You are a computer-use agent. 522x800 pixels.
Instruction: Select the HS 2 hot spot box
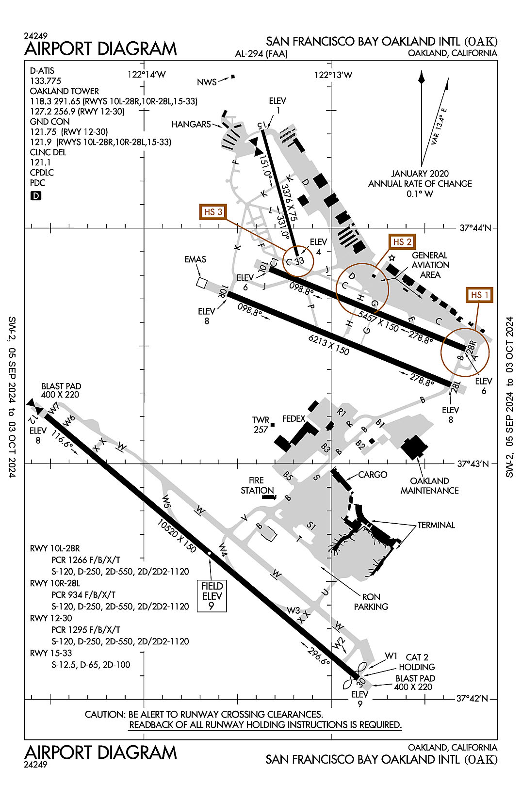click(x=402, y=241)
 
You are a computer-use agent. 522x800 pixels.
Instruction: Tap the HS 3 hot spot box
click(x=213, y=212)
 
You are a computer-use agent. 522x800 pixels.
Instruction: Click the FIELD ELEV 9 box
click(x=212, y=596)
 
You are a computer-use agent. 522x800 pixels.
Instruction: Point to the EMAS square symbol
click(x=202, y=282)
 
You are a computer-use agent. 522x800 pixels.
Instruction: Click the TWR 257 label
click(x=261, y=425)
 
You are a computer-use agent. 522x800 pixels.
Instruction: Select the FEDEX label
click(x=294, y=418)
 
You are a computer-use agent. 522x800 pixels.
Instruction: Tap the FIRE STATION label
click(x=257, y=485)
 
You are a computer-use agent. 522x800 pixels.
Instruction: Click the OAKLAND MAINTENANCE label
click(x=429, y=485)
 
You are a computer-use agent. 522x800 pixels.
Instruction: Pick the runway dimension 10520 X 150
click(x=177, y=536)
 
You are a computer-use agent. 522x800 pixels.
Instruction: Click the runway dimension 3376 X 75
click(x=289, y=203)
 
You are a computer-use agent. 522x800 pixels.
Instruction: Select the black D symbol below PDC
click(x=36, y=196)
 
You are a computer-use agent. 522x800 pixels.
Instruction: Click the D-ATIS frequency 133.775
click(x=46, y=81)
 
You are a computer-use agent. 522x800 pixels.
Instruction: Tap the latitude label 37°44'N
click(x=475, y=227)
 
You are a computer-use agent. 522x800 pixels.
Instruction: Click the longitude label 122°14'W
click(x=147, y=74)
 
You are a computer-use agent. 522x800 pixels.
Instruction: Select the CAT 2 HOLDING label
click(x=417, y=662)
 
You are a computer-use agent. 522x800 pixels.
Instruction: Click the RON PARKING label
click(x=371, y=602)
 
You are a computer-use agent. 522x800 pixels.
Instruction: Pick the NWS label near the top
click(x=207, y=82)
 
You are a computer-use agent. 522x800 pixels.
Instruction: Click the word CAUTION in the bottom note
click(x=104, y=714)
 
